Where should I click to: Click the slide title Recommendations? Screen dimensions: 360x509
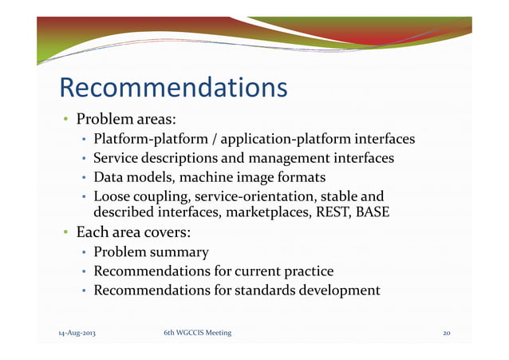point(173,87)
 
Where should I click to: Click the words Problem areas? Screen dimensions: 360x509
point(125,120)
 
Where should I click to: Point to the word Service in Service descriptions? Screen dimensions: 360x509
point(117,159)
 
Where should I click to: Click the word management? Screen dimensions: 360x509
point(288,159)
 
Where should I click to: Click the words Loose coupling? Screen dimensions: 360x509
point(136,196)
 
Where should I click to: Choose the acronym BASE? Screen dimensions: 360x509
point(373,212)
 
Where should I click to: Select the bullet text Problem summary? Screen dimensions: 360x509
point(152,252)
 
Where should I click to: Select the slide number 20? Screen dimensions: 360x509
point(447,333)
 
